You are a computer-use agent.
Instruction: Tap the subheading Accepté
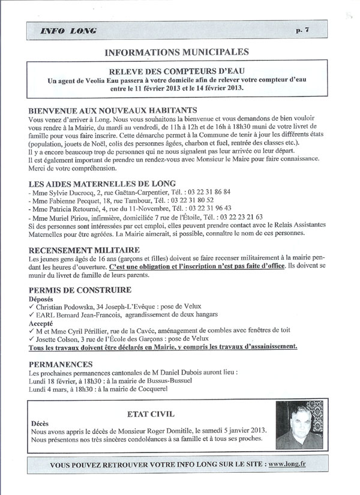[41, 322]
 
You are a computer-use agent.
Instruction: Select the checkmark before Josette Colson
[31, 338]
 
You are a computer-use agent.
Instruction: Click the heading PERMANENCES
[61, 364]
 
